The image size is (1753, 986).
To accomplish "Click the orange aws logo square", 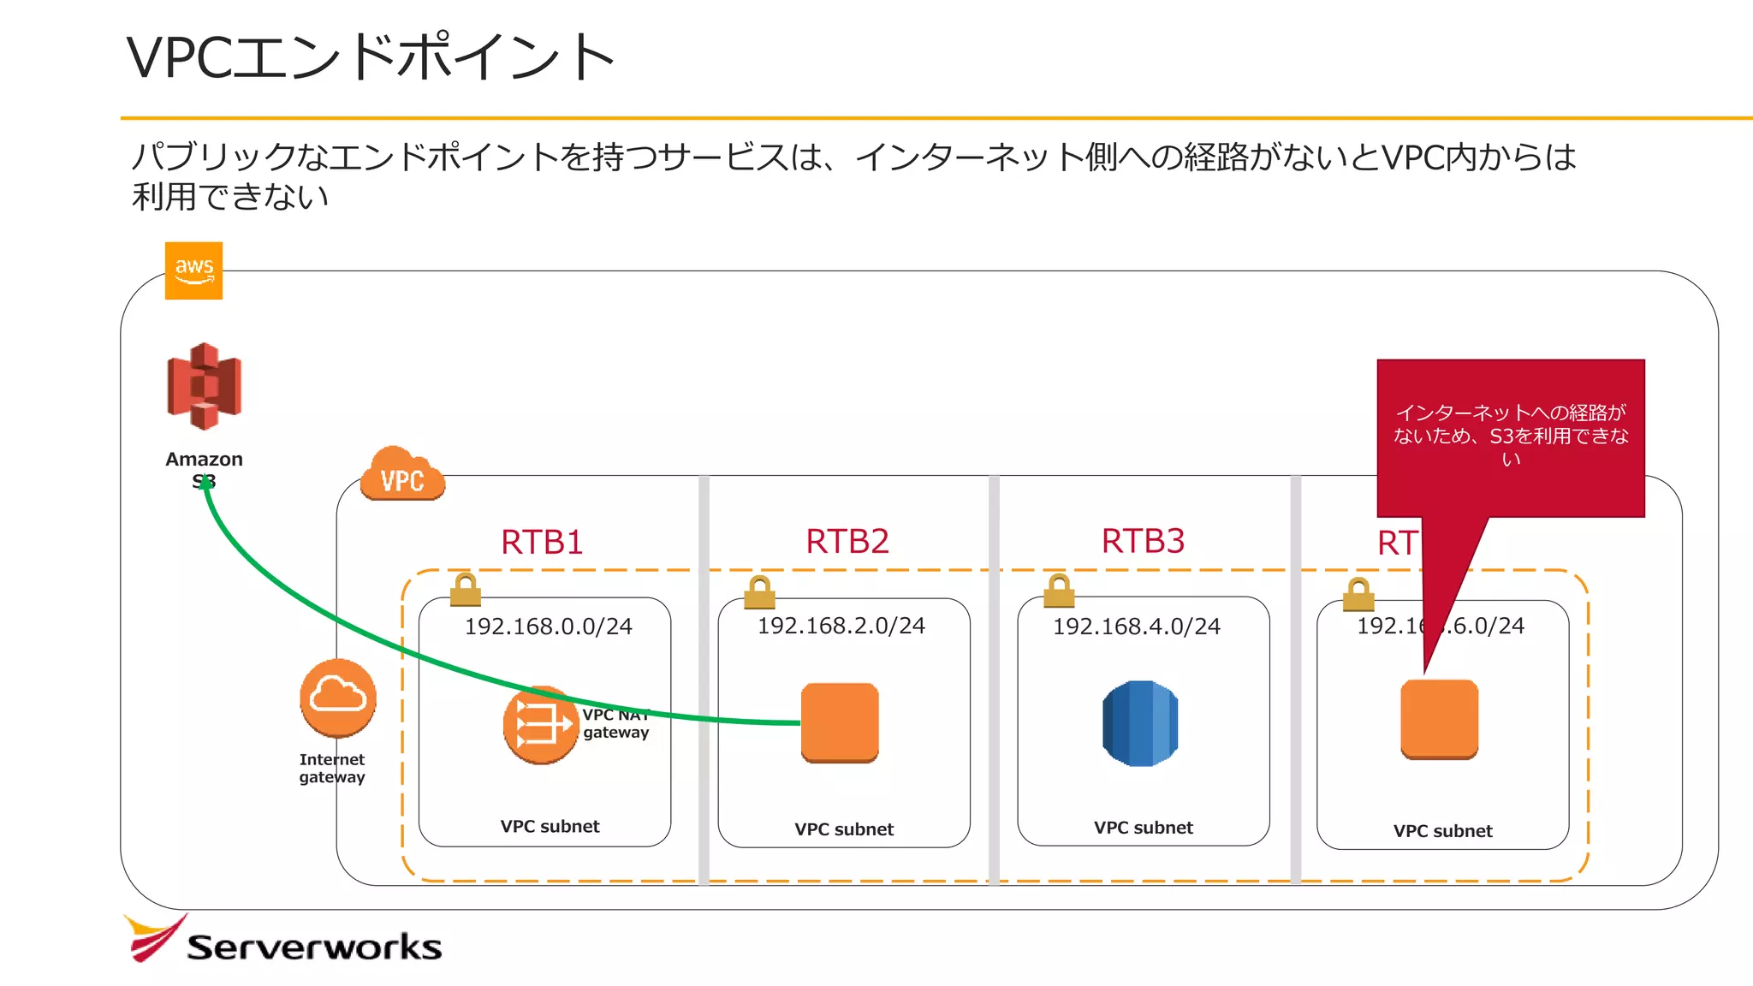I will (193, 270).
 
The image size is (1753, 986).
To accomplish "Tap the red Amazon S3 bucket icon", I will (204, 386).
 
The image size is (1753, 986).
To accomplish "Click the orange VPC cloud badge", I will (402, 475).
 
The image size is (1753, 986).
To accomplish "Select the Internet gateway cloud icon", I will (338, 698).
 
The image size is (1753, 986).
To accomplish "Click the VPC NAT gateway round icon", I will (539, 726).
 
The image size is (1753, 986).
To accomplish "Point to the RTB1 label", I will (542, 542).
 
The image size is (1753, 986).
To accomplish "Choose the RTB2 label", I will (847, 541).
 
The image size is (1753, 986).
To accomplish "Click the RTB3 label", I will (1143, 541).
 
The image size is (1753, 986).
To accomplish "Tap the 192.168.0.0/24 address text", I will (548, 627).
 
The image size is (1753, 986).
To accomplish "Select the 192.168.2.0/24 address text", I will (841, 626).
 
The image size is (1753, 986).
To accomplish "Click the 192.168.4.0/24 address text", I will (1136, 627).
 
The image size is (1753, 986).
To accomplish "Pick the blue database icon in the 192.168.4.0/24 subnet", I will (1140, 723).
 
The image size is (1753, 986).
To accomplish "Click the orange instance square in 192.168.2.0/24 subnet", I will (840, 722).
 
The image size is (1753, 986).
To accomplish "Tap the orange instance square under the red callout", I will (1439, 719).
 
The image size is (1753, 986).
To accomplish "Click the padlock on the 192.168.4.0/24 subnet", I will (1059, 590).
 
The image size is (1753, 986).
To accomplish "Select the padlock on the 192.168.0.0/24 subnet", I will (465, 590).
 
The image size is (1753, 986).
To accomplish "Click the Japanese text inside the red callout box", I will (1511, 436).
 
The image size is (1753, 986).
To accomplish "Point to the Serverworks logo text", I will (313, 947).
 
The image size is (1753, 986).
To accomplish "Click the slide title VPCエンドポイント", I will (371, 57).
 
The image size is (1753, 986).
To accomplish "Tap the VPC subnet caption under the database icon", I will (1143, 828).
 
